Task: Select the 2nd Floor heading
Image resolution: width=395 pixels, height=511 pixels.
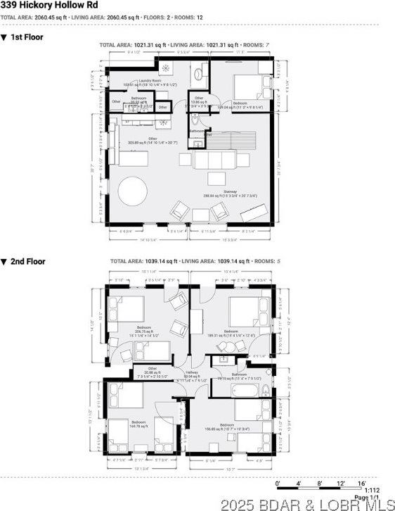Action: coord(27,261)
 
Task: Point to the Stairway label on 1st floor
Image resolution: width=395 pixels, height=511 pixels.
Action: coord(231,191)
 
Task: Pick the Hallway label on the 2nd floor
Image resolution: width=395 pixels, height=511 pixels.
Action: coord(190,374)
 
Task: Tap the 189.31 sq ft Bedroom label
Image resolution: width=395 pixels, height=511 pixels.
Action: coord(234,331)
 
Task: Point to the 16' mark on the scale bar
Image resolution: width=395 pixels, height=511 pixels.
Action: coord(362,483)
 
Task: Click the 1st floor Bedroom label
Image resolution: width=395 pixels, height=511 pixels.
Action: coord(240,103)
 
